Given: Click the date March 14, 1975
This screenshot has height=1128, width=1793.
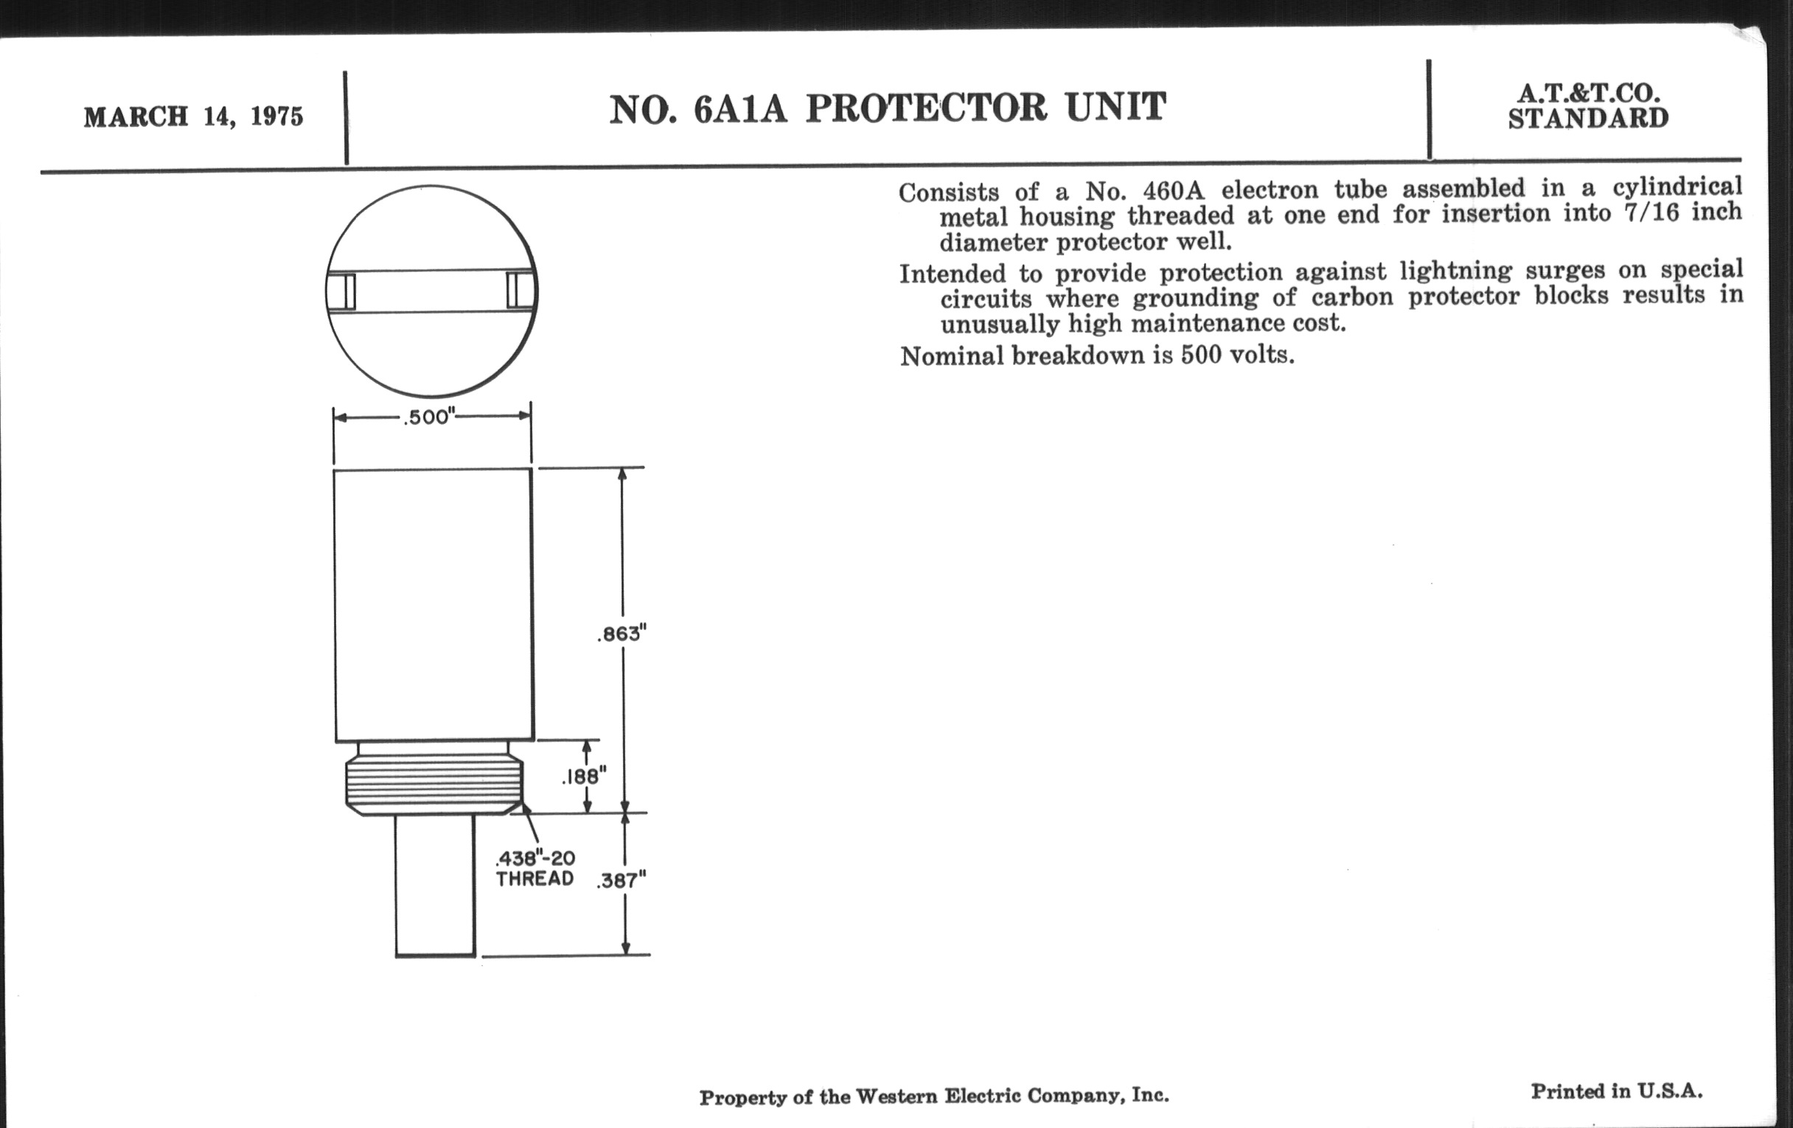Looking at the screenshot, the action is pos(194,117).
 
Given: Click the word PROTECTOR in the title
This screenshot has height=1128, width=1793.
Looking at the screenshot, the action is pos(927,108).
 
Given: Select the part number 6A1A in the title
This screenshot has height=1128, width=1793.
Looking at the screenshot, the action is pos(740,108).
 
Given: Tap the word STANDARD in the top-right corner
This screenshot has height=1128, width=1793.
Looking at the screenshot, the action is pos(1588,119).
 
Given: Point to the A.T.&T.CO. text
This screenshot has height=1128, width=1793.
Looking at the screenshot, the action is pos(1589,93).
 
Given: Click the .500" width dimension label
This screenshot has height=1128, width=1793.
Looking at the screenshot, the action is pos(429,417).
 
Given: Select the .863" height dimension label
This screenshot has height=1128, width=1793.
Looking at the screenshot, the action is pos(622,633).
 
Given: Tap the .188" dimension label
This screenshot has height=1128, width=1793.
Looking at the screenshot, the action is pos(585,777).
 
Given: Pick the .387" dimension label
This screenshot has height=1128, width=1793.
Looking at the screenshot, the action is pos(622,881).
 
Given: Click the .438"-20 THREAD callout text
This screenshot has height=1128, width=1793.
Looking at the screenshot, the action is pos(535,869).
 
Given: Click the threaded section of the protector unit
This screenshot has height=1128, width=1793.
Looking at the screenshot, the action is pos(434,784).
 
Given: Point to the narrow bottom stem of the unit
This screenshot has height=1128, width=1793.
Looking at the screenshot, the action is pos(435,885).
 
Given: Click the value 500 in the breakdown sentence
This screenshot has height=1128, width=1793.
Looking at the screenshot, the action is pos(1201,355).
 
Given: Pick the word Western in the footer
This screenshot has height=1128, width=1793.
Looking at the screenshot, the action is pos(896,1097).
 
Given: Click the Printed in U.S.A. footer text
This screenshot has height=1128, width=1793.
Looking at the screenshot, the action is pos(1617,1092).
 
